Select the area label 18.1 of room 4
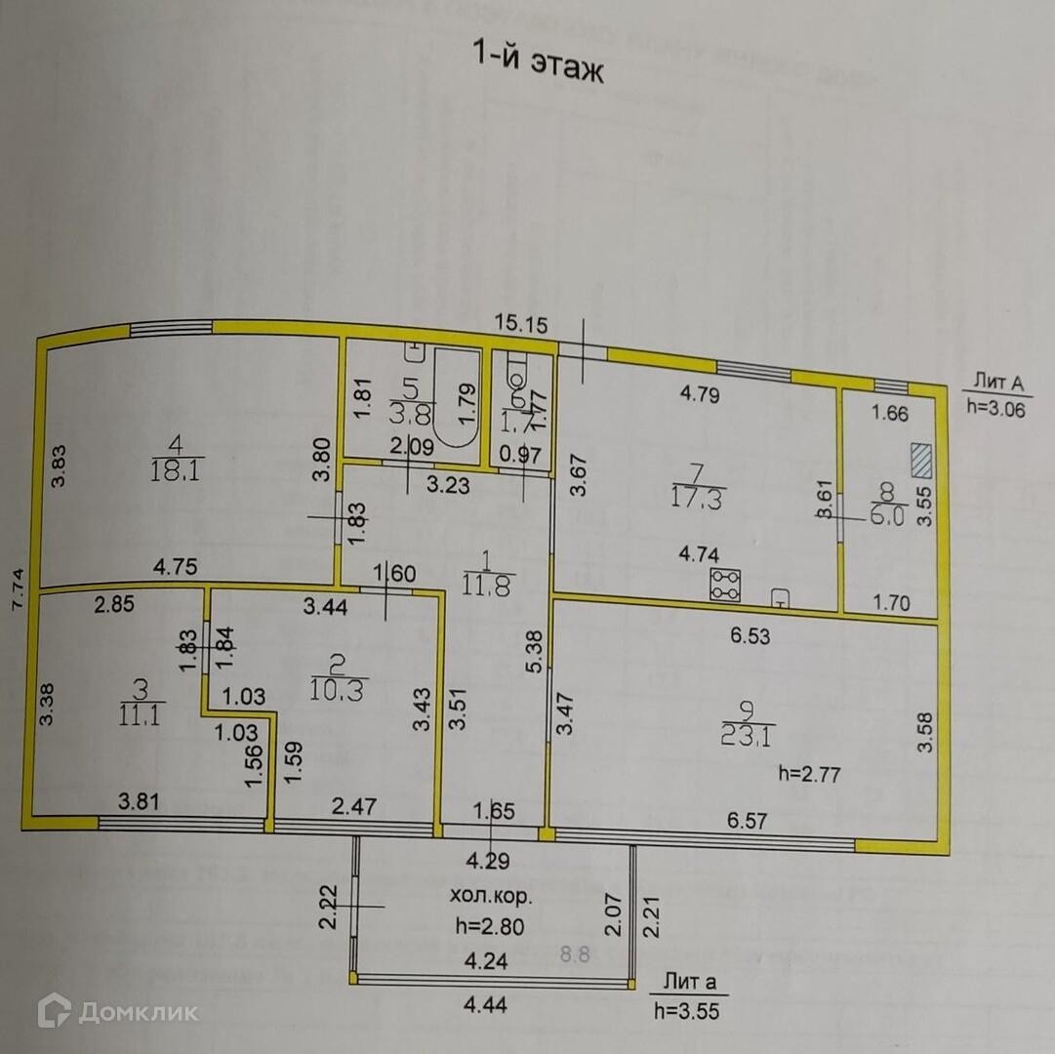(177, 473)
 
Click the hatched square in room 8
(922, 461)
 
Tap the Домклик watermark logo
(118, 1011)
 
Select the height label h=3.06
(994, 410)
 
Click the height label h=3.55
(687, 1011)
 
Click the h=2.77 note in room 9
(811, 776)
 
